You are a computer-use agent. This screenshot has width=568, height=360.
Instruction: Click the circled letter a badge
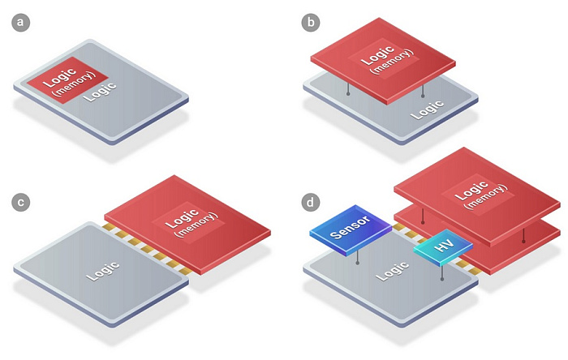[x=20, y=23]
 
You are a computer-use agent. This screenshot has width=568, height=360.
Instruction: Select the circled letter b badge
[x=311, y=23]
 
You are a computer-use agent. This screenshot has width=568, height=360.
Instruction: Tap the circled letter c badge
[x=20, y=202]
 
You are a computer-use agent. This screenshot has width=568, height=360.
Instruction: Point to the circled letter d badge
[x=311, y=202]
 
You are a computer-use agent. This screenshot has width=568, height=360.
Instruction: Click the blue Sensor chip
[x=351, y=230]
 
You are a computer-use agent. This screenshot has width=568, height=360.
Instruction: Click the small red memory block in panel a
[x=67, y=80]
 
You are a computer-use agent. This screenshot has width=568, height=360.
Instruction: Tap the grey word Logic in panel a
[x=100, y=92]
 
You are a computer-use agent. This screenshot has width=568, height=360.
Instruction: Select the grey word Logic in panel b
[x=428, y=110]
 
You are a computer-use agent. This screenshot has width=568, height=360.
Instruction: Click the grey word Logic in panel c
[x=103, y=271]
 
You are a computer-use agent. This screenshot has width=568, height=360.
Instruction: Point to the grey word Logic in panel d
[x=392, y=271]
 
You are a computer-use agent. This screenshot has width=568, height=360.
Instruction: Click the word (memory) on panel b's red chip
[x=391, y=62]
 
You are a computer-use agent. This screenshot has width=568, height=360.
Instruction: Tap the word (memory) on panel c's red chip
[x=196, y=225]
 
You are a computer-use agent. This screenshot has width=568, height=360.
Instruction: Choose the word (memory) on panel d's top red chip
[x=486, y=197]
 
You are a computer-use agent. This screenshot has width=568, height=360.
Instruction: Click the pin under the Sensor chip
[x=358, y=257]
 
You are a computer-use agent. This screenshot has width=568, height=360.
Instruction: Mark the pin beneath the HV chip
[x=442, y=273]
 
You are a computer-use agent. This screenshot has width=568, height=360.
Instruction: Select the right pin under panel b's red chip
[x=423, y=92]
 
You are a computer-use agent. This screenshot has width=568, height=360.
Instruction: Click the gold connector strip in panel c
[x=145, y=250]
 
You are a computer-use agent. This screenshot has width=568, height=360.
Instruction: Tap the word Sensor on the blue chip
[x=350, y=228]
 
